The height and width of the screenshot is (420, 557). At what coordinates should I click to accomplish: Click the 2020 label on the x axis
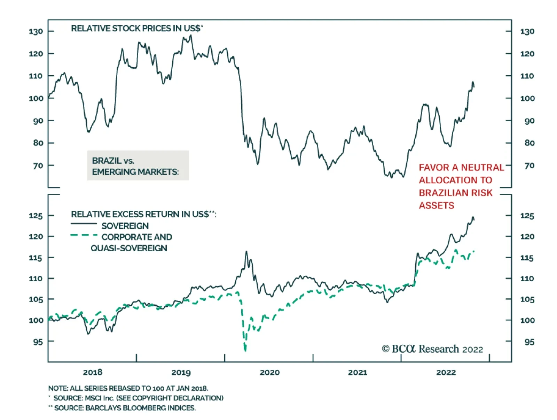point(269,372)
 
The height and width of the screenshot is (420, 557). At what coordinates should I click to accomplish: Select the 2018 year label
point(93,372)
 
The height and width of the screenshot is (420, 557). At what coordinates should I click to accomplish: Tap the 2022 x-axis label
point(446,372)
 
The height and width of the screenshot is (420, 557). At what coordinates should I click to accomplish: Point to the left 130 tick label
point(36,31)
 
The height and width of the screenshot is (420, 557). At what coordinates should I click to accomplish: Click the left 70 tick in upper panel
point(38,166)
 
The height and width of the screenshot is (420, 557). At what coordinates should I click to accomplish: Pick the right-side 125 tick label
point(527,216)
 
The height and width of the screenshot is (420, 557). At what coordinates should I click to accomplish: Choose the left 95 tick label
point(38,342)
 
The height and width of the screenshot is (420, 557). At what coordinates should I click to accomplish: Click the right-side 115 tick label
point(527,258)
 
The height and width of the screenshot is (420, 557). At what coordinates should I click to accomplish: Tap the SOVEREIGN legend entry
point(125,226)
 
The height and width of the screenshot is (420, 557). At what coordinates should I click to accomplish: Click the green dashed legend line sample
point(84,236)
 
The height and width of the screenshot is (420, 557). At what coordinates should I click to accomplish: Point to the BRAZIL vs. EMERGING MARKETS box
point(138,166)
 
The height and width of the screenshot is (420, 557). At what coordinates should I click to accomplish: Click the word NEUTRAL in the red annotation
point(483,168)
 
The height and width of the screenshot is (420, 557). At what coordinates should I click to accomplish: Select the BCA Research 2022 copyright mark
point(432,349)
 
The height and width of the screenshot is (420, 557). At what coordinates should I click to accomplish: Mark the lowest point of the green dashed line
point(245,350)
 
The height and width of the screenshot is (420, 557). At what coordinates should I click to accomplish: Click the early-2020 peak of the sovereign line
point(246,251)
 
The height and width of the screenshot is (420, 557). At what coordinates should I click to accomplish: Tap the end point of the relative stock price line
point(474,86)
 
